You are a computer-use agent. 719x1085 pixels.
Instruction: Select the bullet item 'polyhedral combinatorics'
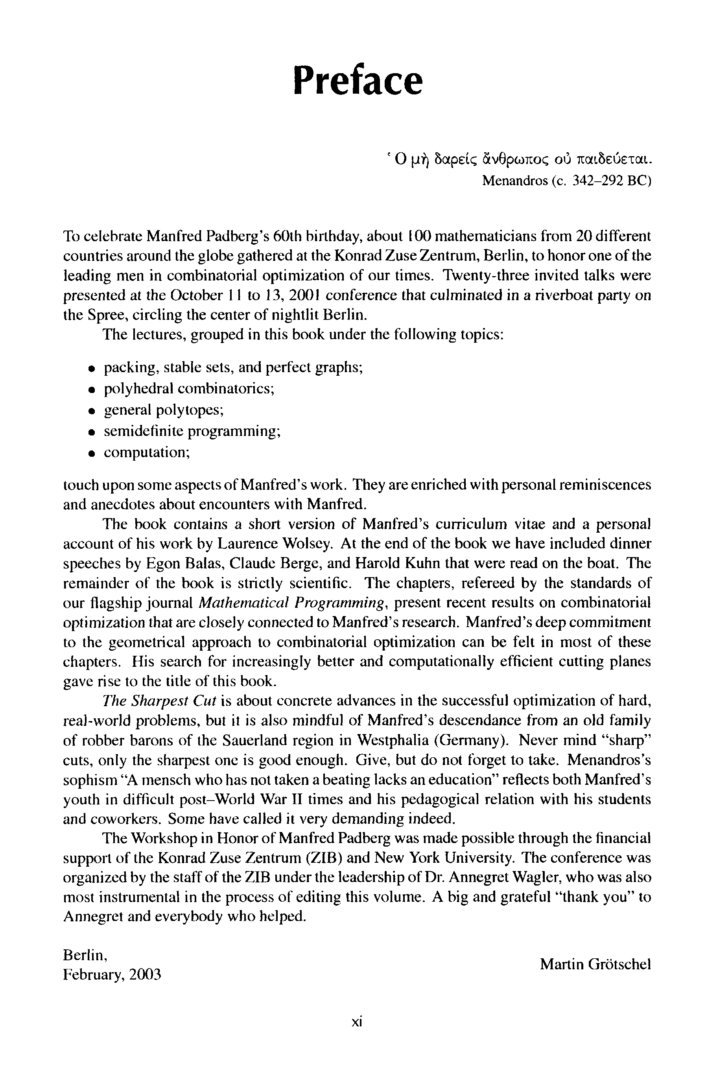click(x=189, y=389)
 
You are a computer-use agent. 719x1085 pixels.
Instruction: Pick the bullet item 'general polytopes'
click(x=164, y=410)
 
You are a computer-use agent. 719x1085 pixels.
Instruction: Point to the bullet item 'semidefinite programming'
click(x=192, y=431)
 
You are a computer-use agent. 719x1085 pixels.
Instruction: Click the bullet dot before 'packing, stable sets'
click(x=92, y=368)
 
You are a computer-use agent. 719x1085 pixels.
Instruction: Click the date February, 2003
click(x=112, y=974)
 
